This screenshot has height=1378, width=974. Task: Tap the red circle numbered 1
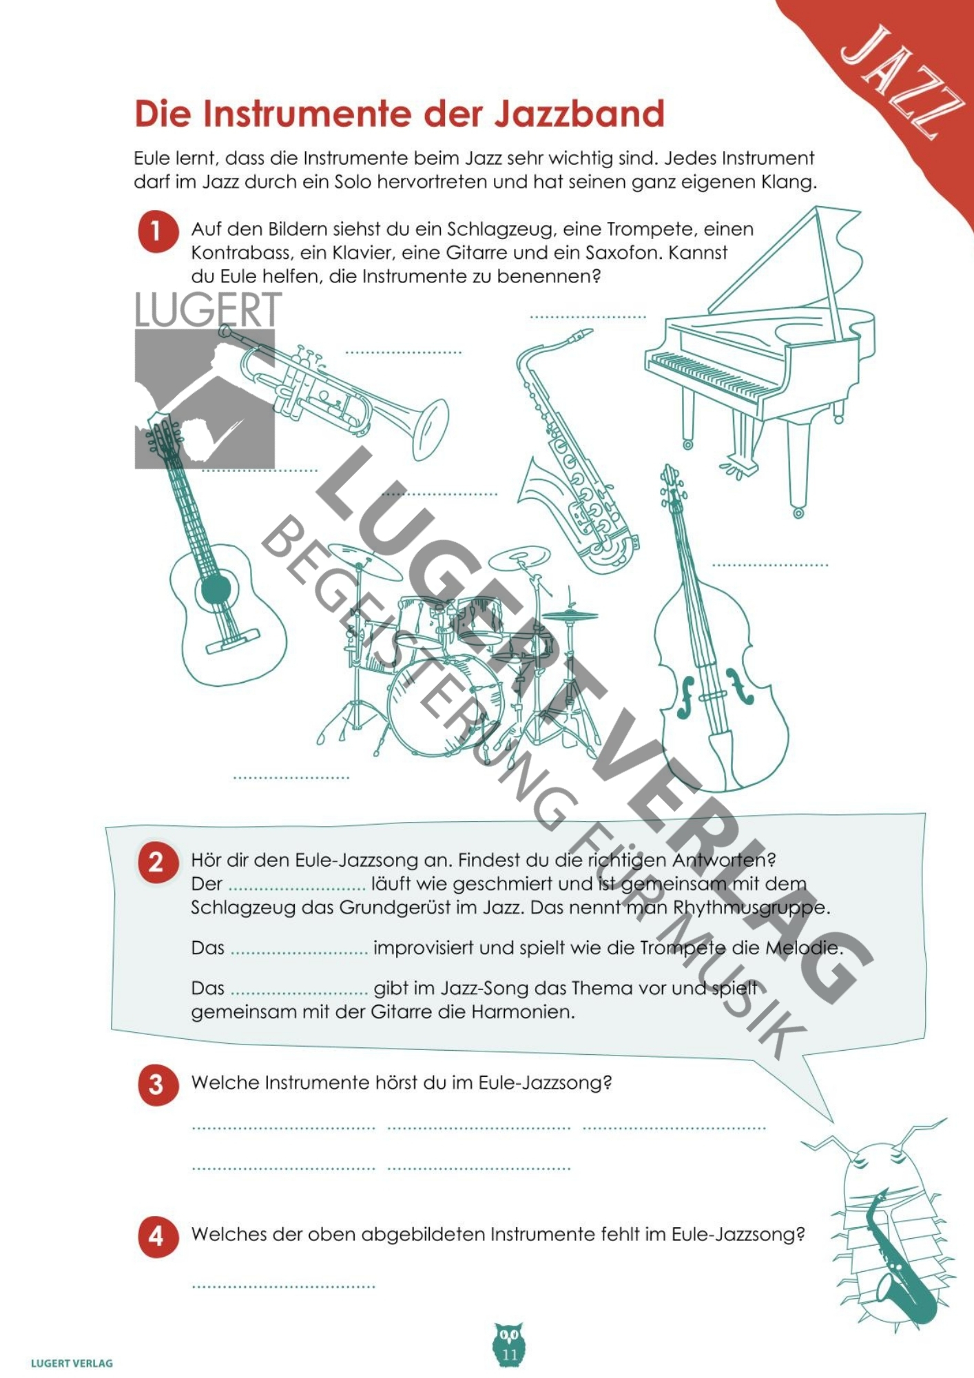click(158, 232)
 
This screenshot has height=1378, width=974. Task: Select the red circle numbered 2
click(158, 862)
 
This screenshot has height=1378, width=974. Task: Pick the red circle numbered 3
click(158, 1084)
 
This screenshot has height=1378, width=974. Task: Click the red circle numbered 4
click(158, 1236)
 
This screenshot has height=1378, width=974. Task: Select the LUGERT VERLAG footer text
click(72, 1363)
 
